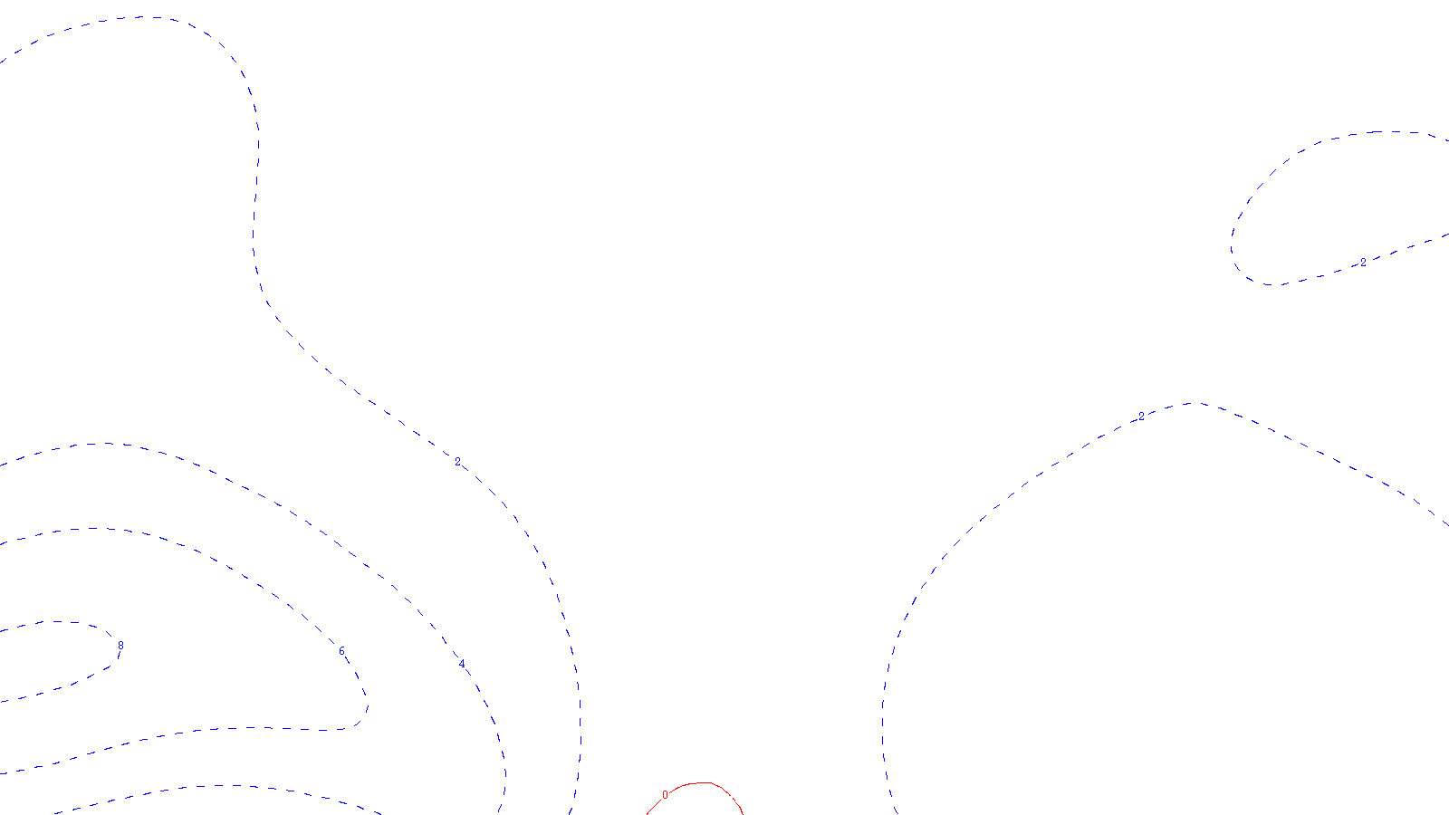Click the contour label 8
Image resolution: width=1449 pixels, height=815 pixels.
click(x=120, y=646)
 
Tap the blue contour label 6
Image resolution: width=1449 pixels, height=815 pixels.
click(x=341, y=652)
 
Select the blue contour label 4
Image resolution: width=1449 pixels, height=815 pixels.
click(x=462, y=666)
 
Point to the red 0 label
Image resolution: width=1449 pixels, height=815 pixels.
click(x=665, y=795)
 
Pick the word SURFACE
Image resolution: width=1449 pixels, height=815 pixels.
click(x=725, y=801)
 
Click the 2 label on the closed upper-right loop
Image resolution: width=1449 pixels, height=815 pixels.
click(x=1363, y=263)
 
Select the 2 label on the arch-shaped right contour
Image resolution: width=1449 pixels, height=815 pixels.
click(x=1141, y=417)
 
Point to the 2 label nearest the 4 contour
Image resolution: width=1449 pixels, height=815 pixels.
click(x=457, y=462)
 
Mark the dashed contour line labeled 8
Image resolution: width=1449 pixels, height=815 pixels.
click(x=54, y=622)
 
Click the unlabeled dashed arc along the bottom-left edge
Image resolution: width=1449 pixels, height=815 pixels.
click(x=226, y=786)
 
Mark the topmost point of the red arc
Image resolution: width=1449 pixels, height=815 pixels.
click(x=702, y=782)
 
